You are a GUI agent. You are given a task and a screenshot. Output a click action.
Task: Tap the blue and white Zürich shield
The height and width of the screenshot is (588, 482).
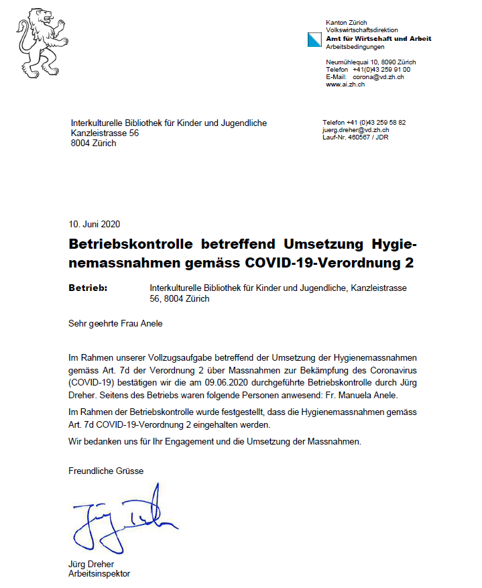[314, 39]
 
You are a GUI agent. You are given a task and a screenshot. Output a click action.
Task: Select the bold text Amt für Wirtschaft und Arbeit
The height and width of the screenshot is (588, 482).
[378, 38]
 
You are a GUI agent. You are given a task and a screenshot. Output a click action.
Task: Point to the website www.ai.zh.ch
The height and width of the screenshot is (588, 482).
[345, 84]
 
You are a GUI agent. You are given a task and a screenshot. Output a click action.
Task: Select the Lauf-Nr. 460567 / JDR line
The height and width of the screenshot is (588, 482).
[355, 137]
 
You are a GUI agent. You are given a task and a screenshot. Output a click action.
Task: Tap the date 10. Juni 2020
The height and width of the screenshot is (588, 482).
[95, 224]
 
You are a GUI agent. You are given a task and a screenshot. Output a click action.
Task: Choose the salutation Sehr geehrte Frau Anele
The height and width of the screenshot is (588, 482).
[115, 323]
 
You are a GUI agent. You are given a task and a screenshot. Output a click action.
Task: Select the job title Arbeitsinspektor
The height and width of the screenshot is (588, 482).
[99, 574]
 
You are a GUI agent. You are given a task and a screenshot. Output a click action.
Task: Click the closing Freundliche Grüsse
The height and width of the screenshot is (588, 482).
[106, 471]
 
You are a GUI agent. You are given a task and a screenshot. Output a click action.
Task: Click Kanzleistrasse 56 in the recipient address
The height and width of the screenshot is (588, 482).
[105, 133]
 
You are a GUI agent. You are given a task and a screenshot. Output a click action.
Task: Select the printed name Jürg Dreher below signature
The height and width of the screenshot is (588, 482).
[91, 564]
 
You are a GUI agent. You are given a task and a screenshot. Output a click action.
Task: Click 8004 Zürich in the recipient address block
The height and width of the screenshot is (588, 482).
[93, 143]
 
